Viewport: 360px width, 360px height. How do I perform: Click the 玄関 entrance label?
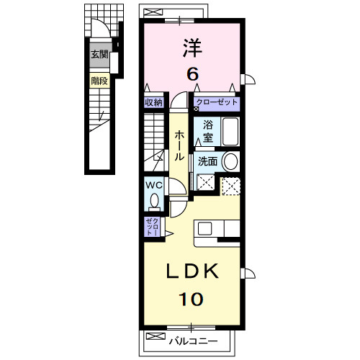[99, 55]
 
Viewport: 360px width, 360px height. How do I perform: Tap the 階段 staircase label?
[99, 81]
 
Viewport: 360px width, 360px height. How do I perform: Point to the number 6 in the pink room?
[193, 74]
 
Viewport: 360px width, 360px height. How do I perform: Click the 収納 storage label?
[153, 103]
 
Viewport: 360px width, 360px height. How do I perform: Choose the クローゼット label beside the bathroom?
[217, 102]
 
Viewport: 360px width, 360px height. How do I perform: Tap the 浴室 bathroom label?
[208, 131]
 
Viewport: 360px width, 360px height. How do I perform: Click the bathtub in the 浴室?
[230, 132]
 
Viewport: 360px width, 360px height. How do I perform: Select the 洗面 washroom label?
[207, 161]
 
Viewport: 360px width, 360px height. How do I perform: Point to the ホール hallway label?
[179, 145]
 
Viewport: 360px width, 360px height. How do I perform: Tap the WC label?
[154, 185]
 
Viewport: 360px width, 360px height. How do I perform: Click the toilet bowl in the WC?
[154, 200]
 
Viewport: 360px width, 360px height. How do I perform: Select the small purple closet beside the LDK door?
[153, 227]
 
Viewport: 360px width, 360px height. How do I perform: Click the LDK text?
[192, 271]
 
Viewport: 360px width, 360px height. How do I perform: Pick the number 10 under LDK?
[191, 299]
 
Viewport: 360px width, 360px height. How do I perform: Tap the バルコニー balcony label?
[194, 341]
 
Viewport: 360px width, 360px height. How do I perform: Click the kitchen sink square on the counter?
[204, 228]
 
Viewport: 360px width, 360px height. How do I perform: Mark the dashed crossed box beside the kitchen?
[231, 186]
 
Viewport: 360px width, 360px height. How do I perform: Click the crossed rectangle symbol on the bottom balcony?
[156, 336]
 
